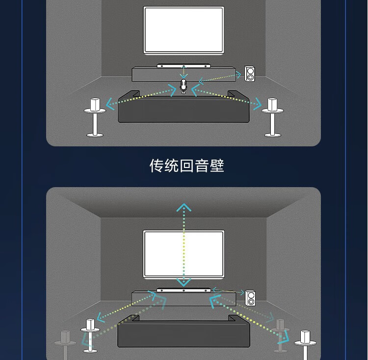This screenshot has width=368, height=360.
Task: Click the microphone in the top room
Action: [184, 86]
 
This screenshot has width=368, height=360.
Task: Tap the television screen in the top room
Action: [184, 30]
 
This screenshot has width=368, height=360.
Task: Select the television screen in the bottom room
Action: [184, 254]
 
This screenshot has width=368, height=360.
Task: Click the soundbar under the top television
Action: [184, 66]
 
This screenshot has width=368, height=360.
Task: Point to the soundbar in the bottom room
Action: [184, 290]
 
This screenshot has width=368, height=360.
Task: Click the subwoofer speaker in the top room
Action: [249, 74]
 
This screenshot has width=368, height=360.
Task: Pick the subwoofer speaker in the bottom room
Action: [250, 298]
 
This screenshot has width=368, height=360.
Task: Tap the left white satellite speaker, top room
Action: [95, 104]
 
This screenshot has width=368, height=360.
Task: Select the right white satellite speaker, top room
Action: [272, 104]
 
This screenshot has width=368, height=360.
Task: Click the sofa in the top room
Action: [184, 107]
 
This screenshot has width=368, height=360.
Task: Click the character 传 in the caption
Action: [157, 166]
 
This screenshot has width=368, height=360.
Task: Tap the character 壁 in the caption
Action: [217, 166]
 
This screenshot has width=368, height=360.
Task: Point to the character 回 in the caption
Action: [186, 166]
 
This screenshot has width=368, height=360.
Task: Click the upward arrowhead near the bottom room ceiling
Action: [184, 207]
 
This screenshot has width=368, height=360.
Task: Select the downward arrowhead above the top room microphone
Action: [184, 76]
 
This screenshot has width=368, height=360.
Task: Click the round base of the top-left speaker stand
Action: [95, 135]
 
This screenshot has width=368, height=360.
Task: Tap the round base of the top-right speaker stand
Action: [272, 135]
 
